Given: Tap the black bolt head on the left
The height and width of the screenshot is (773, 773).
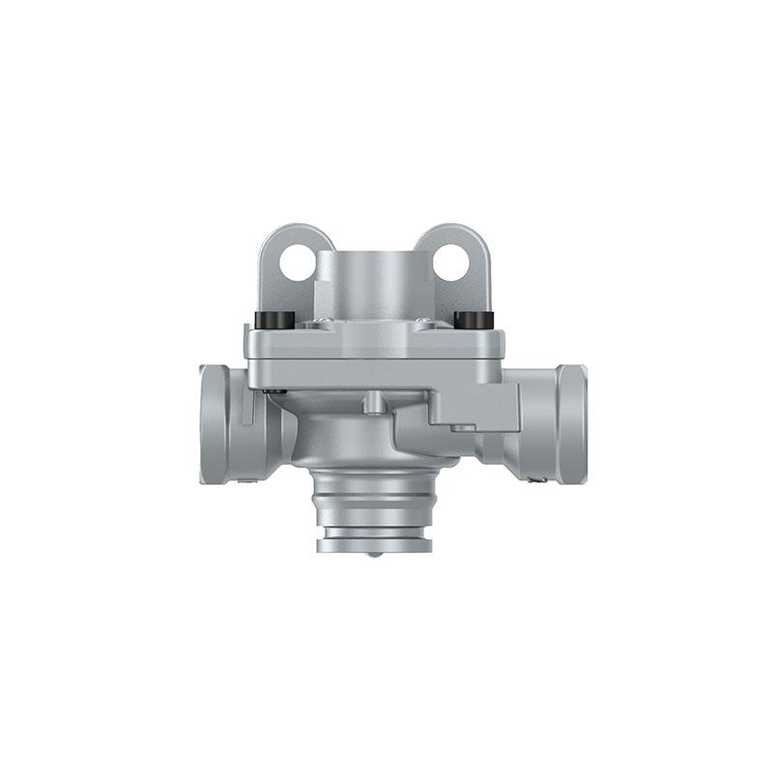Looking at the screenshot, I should click(x=269, y=320).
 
